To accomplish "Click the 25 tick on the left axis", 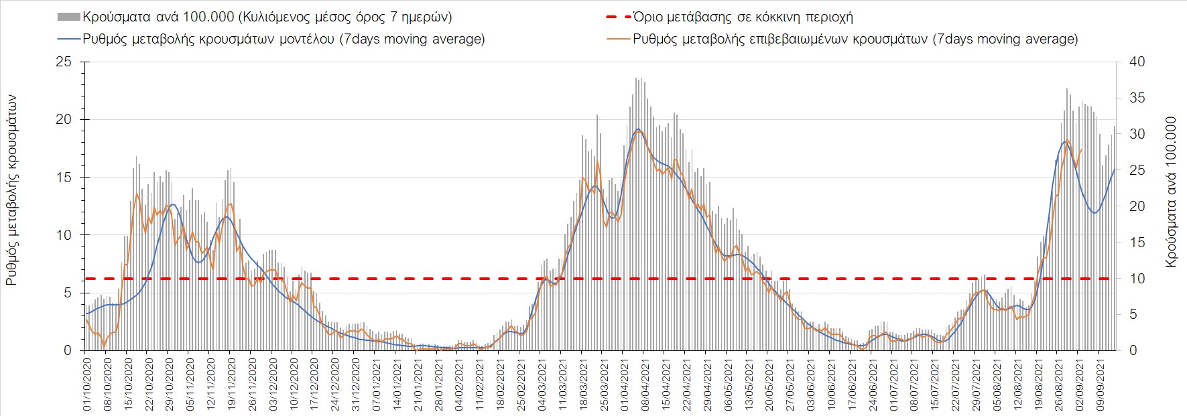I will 63,62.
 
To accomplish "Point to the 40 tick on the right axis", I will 1137,62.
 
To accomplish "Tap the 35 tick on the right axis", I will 1137,98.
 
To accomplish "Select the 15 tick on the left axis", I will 63,178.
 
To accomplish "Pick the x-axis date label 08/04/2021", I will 645,385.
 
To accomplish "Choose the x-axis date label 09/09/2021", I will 1100,385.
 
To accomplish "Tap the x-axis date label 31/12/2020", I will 356,385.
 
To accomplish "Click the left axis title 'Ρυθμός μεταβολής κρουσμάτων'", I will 11,190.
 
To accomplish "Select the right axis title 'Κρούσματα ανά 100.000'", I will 1171,192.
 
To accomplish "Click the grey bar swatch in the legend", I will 69,17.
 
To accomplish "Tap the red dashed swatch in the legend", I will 618,17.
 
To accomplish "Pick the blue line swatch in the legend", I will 69,39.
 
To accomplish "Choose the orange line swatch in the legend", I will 618,39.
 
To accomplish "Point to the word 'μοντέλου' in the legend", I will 304,39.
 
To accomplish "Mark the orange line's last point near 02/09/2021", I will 1081,149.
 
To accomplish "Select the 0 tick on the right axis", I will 1133,350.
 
